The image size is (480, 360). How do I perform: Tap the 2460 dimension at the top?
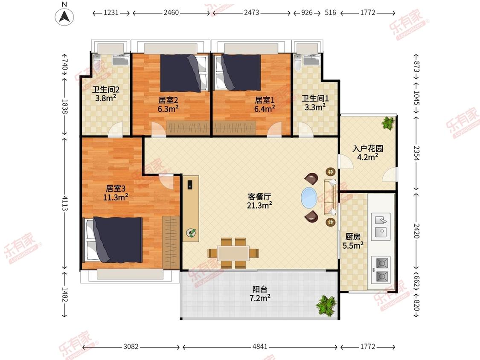click(x=171, y=12)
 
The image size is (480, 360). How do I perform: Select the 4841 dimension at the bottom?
click(x=260, y=346)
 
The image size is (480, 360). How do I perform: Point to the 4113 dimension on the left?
click(x=64, y=203)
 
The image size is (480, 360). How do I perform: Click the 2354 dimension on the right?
click(x=416, y=153)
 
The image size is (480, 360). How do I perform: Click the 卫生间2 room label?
click(x=106, y=90)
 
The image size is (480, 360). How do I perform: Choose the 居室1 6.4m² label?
click(x=265, y=105)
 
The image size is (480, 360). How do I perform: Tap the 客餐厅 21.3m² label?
click(x=259, y=201)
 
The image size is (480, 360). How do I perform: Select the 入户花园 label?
click(x=368, y=149)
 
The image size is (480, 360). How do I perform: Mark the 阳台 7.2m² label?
click(x=260, y=293)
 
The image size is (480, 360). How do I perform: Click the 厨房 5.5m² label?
click(x=353, y=241)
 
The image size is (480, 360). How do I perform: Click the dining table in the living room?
click(x=233, y=253)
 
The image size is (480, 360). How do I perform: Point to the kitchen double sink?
click(x=381, y=227)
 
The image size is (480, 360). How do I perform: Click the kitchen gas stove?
click(x=381, y=270)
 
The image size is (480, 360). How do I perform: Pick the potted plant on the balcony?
click(x=326, y=305)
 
